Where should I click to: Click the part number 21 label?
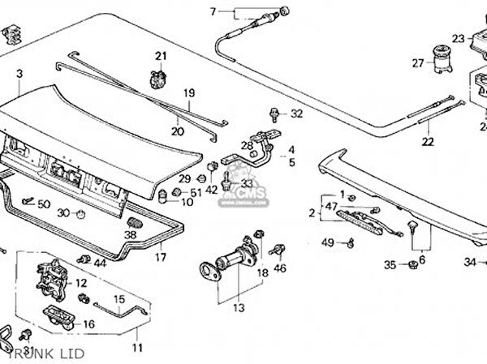click(160, 55)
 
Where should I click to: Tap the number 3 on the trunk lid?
click(18, 74)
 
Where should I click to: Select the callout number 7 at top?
click(213, 11)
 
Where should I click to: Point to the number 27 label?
click(418, 62)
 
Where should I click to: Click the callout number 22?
click(428, 143)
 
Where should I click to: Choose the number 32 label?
click(296, 113)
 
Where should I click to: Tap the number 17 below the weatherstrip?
click(161, 258)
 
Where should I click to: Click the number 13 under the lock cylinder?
click(238, 308)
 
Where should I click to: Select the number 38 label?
click(131, 235)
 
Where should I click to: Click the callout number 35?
click(390, 264)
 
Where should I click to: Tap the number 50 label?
click(44, 203)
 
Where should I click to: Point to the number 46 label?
click(280, 268)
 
